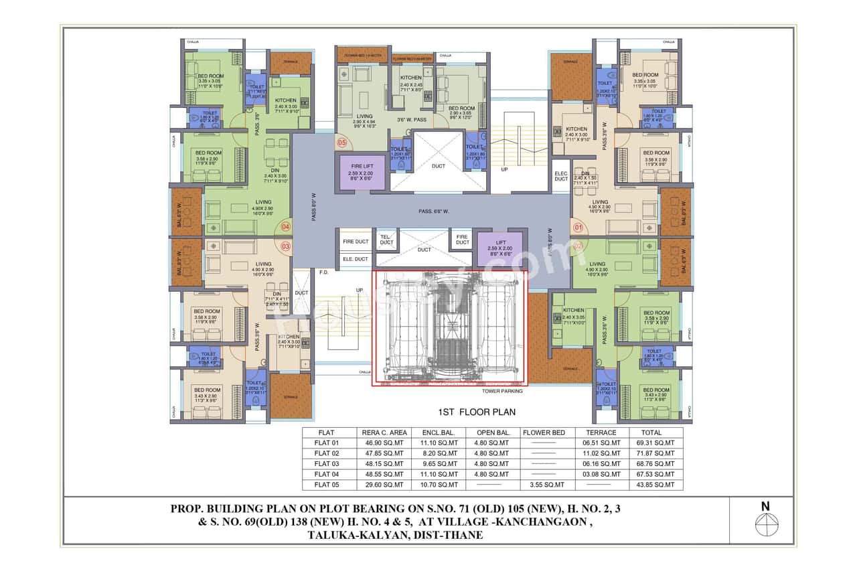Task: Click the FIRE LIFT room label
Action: pos(361,165)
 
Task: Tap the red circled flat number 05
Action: pos(342,143)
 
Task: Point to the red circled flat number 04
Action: pos(285,226)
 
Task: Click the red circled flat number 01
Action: pos(578,227)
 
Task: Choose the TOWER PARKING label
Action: pos(501,391)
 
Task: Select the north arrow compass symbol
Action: pos(765,524)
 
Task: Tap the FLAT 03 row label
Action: pos(327,464)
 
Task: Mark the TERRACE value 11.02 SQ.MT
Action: pos(601,453)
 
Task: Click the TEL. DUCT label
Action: pos(386,239)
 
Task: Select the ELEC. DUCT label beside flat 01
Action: pos(561,176)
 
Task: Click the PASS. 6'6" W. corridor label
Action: pos(434,212)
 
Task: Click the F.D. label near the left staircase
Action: pos(323,273)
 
